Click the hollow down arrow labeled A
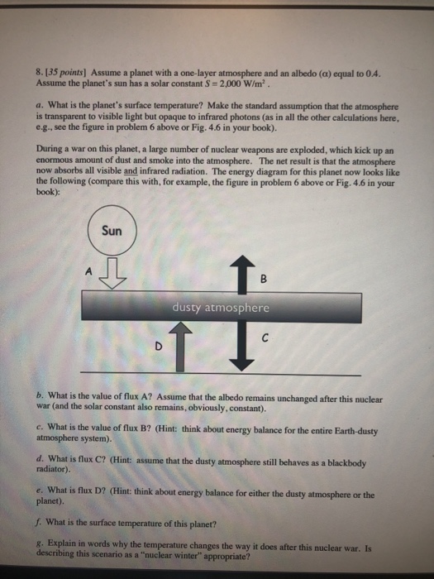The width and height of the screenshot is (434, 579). (113, 273)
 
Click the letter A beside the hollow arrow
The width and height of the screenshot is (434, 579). (88, 271)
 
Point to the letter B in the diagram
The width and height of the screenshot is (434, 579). (264, 279)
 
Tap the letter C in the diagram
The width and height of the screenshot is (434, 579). (265, 337)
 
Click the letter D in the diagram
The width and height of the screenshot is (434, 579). (159, 346)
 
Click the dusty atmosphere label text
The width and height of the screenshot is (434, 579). (221, 307)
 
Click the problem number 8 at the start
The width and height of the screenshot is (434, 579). (39, 73)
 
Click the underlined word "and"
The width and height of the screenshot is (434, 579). (131, 171)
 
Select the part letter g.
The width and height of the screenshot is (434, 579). (39, 543)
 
